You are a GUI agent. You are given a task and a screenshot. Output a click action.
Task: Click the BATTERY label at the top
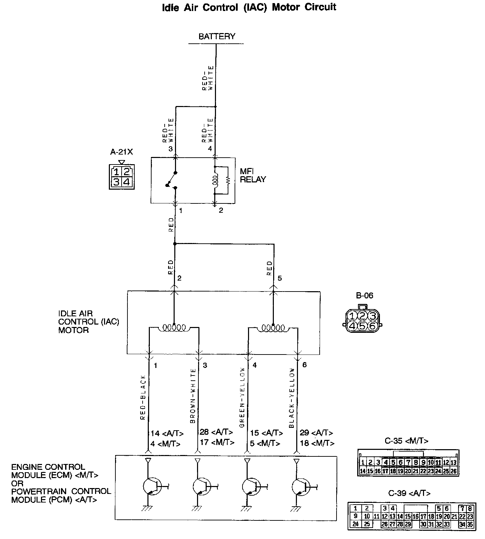pyautogui.click(x=217, y=36)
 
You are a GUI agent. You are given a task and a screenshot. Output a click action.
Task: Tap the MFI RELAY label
pyautogui.click(x=253, y=175)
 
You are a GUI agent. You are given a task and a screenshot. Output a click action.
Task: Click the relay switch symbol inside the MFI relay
pyautogui.click(x=171, y=180)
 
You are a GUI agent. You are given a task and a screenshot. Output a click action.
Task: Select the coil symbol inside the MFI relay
pyautogui.click(x=216, y=180)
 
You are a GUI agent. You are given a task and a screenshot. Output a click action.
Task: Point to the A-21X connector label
pyautogui.click(x=121, y=152)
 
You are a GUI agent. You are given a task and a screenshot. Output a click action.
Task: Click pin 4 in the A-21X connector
pyautogui.click(x=127, y=181)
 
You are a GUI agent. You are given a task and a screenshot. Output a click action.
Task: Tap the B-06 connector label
pyautogui.click(x=364, y=295)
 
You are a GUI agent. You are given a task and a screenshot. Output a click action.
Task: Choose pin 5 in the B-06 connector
pyautogui.click(x=362, y=325)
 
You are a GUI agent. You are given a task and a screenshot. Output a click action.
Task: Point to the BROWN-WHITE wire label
pyautogui.click(x=193, y=396)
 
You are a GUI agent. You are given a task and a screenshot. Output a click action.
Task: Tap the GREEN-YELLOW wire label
pyautogui.click(x=242, y=398)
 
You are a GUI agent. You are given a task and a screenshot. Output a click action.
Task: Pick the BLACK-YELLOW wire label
pyautogui.click(x=292, y=398)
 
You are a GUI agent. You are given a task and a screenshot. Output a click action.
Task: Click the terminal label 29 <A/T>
pyautogui.click(x=316, y=433)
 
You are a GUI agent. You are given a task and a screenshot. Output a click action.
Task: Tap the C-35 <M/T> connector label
pyautogui.click(x=406, y=441)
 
